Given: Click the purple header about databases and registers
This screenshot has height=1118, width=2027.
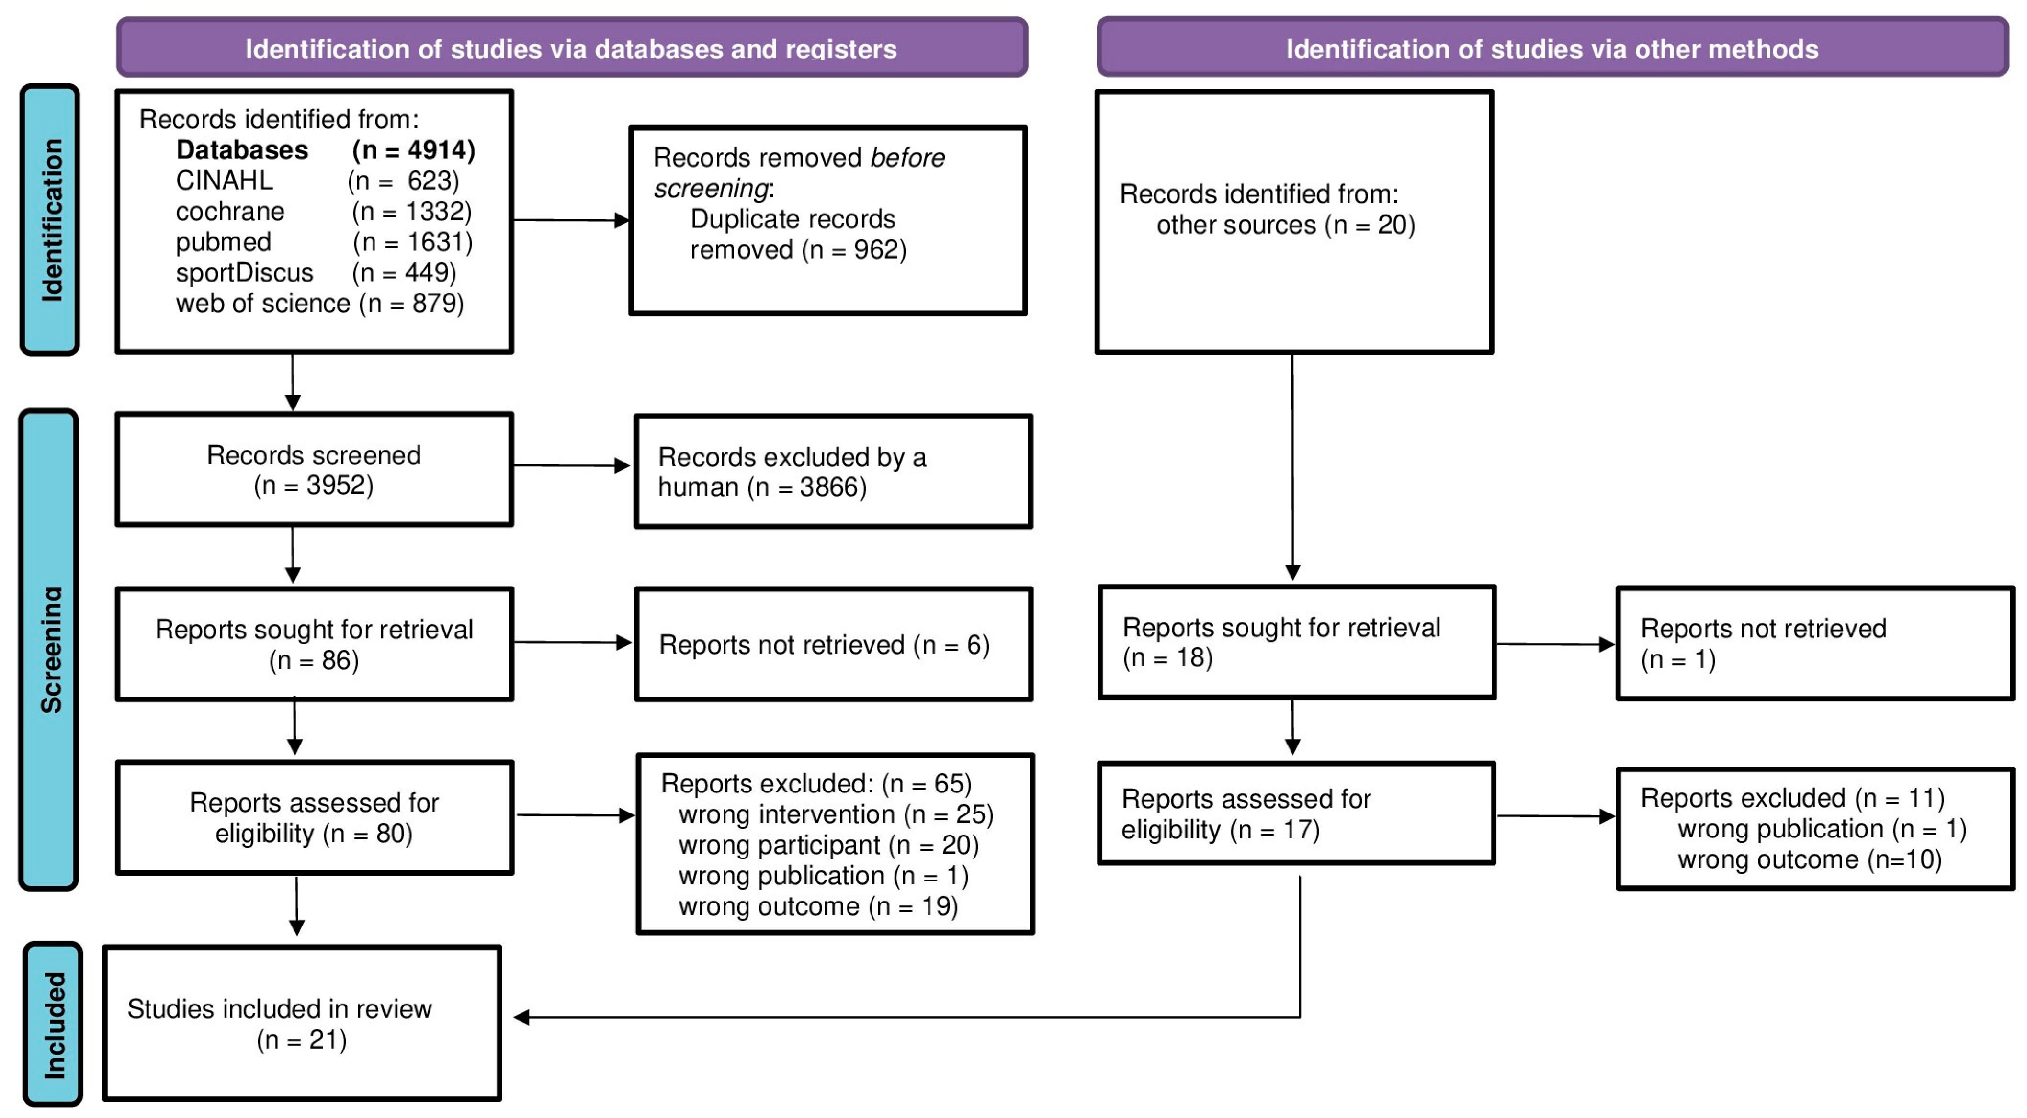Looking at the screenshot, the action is pyautogui.click(x=572, y=47).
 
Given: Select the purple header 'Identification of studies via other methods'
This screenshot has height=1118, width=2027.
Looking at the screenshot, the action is pyautogui.click(x=1552, y=47).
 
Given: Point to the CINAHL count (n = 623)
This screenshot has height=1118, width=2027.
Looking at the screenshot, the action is pyautogui.click(x=404, y=181).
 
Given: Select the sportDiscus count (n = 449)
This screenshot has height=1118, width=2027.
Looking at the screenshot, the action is pyautogui.click(x=405, y=273).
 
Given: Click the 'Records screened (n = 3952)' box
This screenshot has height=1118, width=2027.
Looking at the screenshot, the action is pyautogui.click(x=314, y=470).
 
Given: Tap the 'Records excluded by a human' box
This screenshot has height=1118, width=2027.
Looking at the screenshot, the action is pyautogui.click(x=833, y=471).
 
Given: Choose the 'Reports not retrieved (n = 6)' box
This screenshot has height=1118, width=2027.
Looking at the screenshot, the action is pyautogui.click(x=833, y=644).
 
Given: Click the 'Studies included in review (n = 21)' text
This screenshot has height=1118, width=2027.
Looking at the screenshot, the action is pyautogui.click(x=280, y=1024).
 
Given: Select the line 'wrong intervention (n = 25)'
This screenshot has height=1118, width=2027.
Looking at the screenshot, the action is pyautogui.click(x=836, y=814).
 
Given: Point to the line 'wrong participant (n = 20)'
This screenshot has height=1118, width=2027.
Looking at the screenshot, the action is pyautogui.click(x=828, y=845).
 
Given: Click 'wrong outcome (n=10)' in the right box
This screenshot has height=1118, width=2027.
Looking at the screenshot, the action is pyautogui.click(x=1810, y=859).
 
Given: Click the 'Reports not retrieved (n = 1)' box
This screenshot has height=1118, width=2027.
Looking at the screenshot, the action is pyautogui.click(x=1815, y=643).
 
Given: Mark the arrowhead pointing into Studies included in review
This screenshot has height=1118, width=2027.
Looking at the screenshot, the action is pyautogui.click(x=521, y=1017).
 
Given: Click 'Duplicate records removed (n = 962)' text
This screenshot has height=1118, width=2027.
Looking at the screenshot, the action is pyautogui.click(x=798, y=235).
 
